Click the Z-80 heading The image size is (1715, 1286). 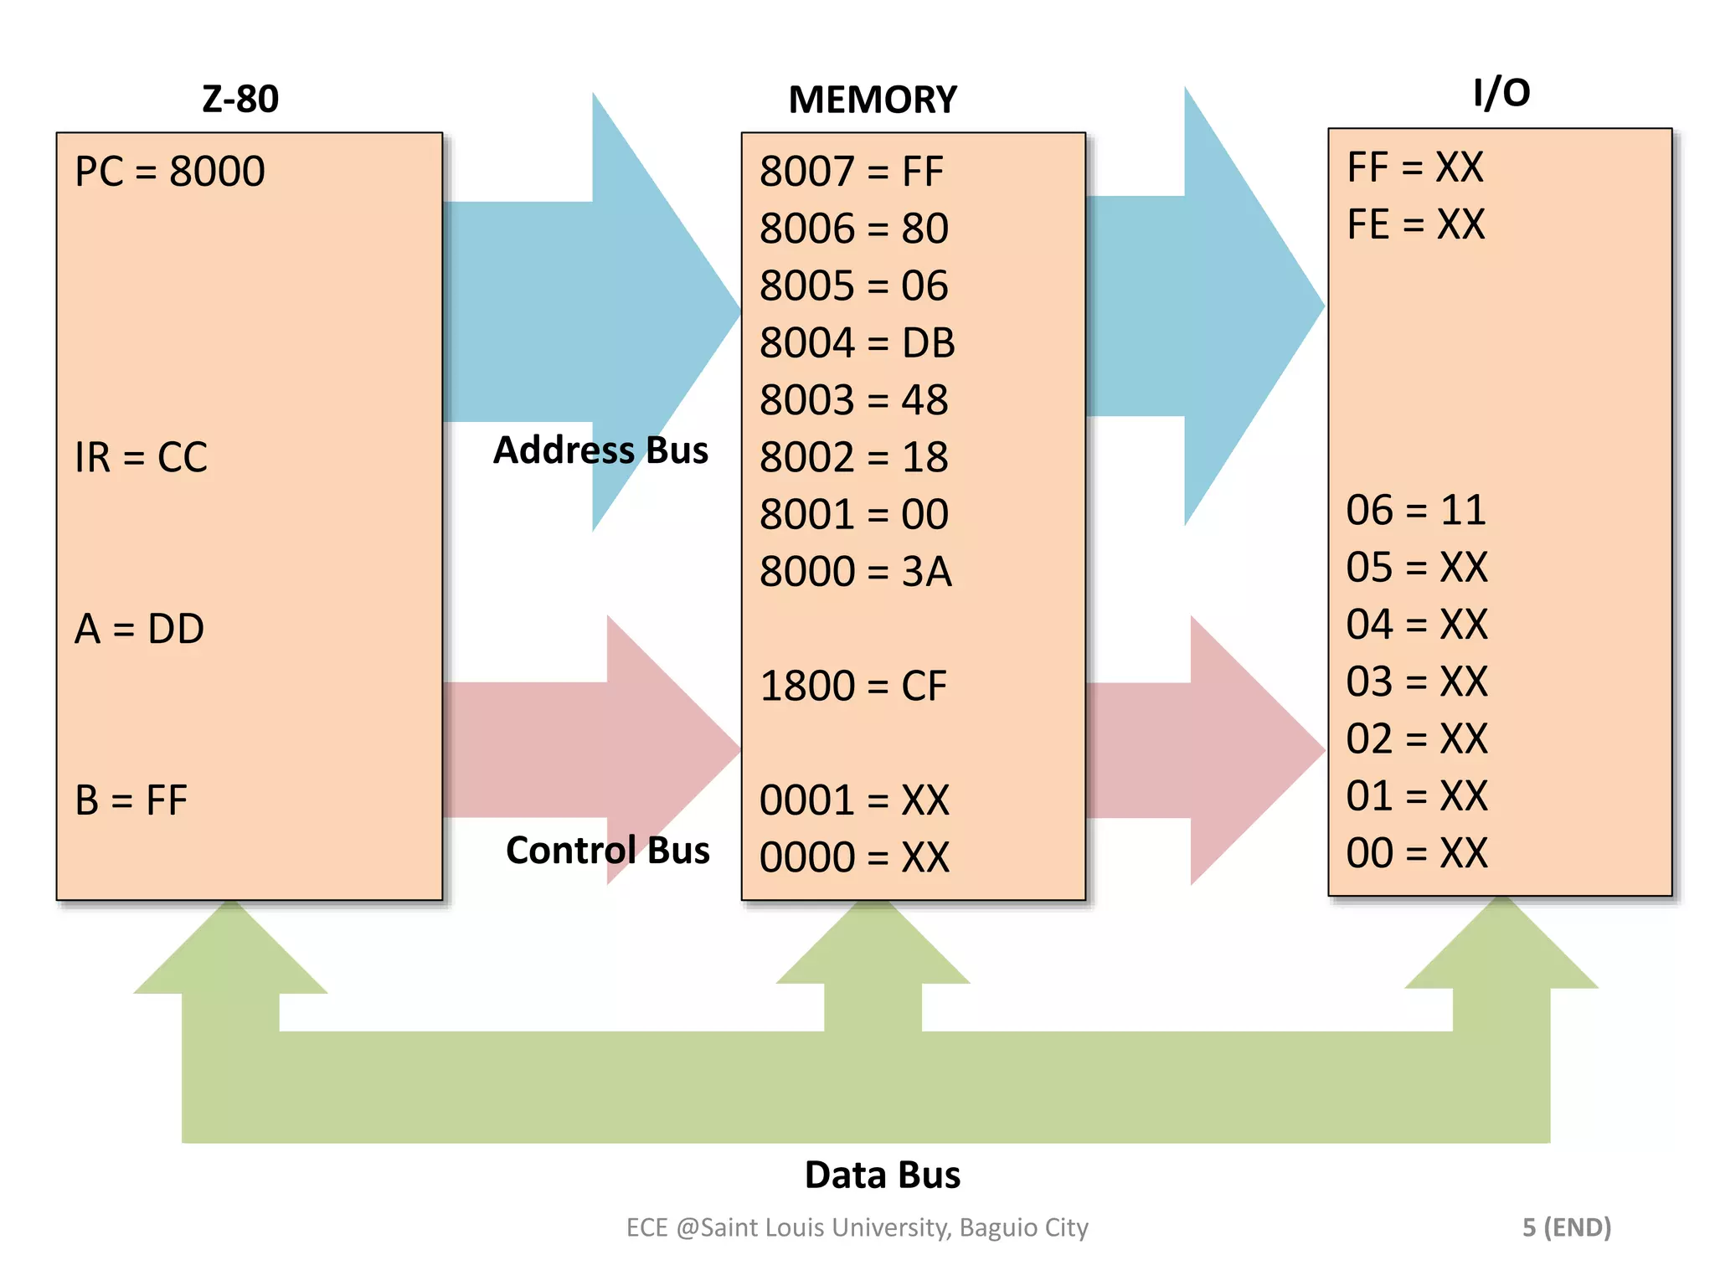click(240, 100)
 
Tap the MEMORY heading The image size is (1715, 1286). click(872, 100)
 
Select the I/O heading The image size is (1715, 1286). click(1501, 93)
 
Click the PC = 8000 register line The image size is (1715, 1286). click(170, 172)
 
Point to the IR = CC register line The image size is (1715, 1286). click(141, 458)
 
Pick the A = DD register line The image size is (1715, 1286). click(139, 630)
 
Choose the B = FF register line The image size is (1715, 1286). click(131, 800)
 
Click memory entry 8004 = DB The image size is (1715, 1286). click(857, 343)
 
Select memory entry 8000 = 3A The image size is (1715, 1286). click(855, 572)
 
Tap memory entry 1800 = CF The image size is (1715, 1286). click(852, 687)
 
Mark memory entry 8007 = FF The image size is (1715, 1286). click(851, 172)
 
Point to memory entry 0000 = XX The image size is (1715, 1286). click(854, 858)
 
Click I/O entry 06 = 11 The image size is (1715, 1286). click(1415, 511)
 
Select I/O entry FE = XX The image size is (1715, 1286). click(1415, 224)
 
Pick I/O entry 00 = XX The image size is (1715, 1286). click(1416, 854)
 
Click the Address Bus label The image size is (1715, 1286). click(600, 450)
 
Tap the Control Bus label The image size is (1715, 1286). click(607, 851)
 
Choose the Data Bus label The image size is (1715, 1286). click(882, 1175)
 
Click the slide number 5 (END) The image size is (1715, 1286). click(1566, 1227)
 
